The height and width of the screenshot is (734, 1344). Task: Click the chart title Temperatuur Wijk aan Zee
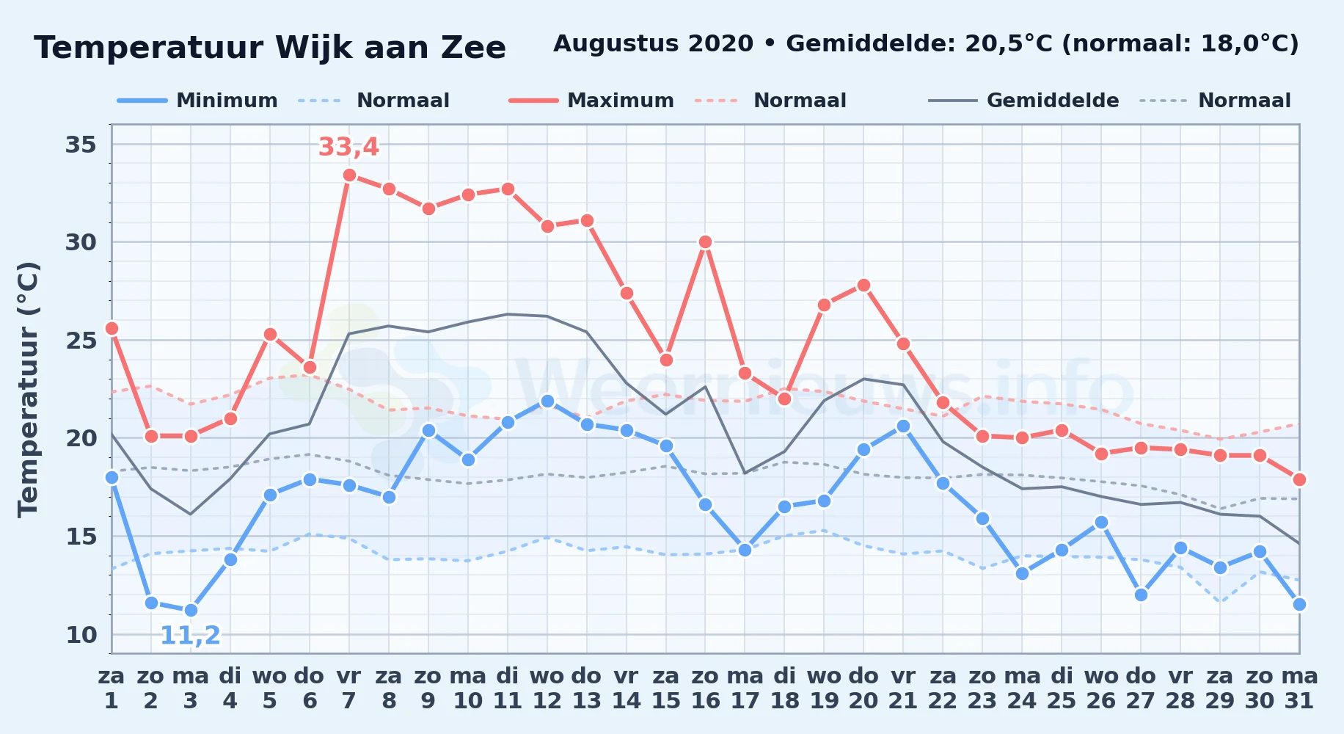[270, 48]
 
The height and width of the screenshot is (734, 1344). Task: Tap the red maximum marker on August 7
[349, 175]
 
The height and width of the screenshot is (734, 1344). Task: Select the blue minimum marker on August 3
[191, 610]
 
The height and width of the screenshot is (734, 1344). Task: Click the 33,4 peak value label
[348, 147]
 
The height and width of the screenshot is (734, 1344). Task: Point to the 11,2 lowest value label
[190, 635]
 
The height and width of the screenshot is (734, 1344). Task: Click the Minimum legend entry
[197, 101]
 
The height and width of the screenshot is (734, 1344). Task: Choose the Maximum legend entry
[591, 101]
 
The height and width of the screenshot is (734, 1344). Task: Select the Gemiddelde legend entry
[1024, 101]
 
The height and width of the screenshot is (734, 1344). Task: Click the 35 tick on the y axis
[81, 145]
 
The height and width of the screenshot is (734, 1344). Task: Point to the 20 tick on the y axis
[81, 438]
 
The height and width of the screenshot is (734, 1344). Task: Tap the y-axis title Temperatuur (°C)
[28, 389]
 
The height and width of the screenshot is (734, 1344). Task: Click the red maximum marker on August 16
[705, 241]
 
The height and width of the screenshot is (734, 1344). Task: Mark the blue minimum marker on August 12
[547, 401]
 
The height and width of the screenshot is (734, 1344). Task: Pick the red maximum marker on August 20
[863, 285]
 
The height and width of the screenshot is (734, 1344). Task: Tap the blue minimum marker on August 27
[1141, 595]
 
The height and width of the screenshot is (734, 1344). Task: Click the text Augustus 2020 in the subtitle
[653, 44]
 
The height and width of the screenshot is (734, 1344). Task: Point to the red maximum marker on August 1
[112, 328]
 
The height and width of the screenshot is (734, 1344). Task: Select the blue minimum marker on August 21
[903, 426]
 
